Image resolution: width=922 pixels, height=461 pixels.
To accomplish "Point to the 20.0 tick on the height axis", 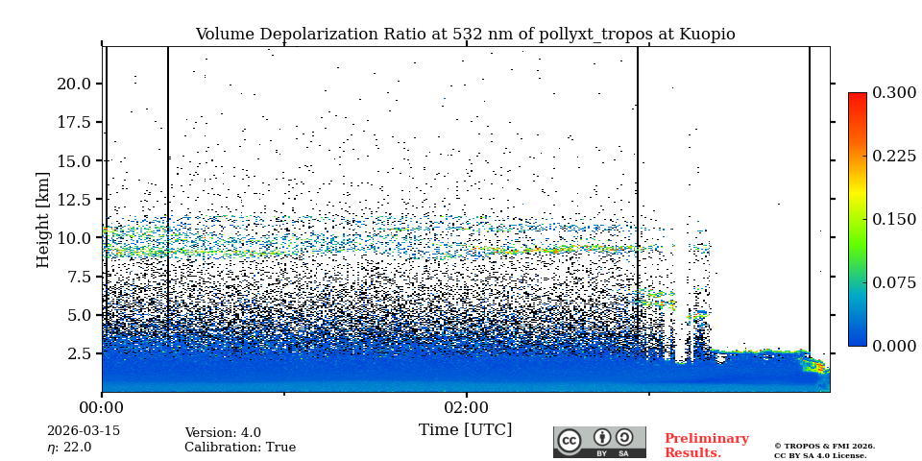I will click(x=74, y=84).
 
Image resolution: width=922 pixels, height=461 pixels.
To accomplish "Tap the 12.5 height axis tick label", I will click(x=74, y=199).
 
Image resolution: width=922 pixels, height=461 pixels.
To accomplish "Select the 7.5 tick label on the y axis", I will click(x=79, y=277).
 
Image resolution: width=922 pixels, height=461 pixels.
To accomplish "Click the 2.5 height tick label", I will click(x=79, y=353).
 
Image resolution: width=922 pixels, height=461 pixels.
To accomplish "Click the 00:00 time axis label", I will click(x=102, y=406).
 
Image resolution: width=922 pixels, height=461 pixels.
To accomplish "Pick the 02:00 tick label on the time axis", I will click(x=466, y=406).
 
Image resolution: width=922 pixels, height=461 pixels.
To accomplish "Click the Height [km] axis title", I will click(x=43, y=219).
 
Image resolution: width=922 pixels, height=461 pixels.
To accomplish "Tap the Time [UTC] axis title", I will click(x=465, y=429).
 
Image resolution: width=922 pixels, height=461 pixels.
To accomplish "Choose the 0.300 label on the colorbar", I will click(x=893, y=92).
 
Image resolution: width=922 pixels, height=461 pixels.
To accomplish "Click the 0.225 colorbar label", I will click(x=893, y=156).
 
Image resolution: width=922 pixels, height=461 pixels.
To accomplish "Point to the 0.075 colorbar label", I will click(x=893, y=282).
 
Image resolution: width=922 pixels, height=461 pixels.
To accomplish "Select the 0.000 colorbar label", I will click(x=893, y=346).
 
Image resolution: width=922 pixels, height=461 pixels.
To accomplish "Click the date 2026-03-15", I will click(x=84, y=431).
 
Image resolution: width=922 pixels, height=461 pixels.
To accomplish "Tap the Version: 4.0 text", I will click(x=223, y=433).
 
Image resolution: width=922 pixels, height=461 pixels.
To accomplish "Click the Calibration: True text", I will click(x=240, y=448).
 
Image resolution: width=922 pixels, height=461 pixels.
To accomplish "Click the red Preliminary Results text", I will click(x=706, y=446).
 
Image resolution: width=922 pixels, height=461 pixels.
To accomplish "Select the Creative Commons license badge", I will click(x=599, y=442).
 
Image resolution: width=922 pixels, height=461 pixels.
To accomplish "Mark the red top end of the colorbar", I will click(x=857, y=97).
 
